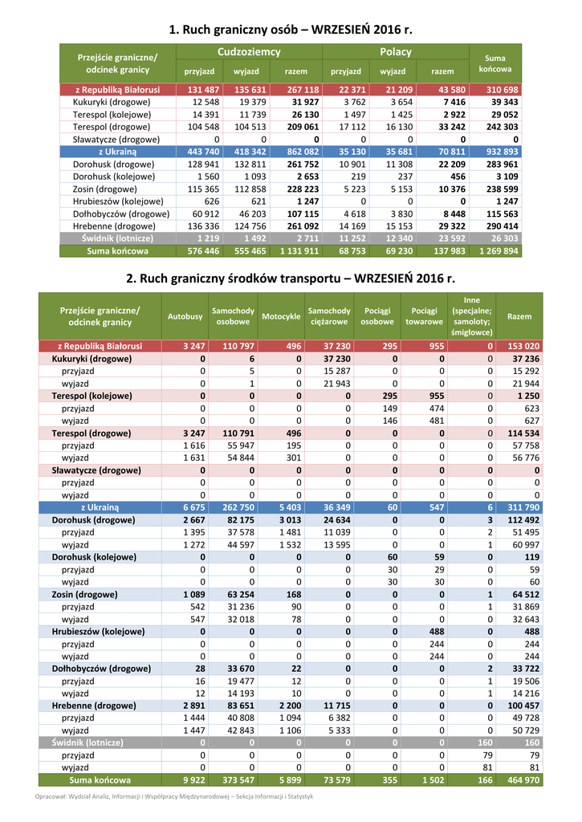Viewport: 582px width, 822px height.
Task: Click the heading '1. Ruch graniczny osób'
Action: (x=290, y=31)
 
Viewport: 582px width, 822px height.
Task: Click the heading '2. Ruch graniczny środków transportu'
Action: (x=290, y=279)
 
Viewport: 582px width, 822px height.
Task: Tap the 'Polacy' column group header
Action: (x=395, y=52)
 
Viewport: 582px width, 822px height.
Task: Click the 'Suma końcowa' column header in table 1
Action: (x=495, y=64)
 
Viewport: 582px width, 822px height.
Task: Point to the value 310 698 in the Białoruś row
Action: (x=502, y=89)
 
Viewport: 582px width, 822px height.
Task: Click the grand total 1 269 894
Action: (x=499, y=251)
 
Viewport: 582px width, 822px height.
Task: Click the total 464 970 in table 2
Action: (x=521, y=779)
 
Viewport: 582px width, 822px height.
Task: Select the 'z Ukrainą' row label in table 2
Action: (x=100, y=508)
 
